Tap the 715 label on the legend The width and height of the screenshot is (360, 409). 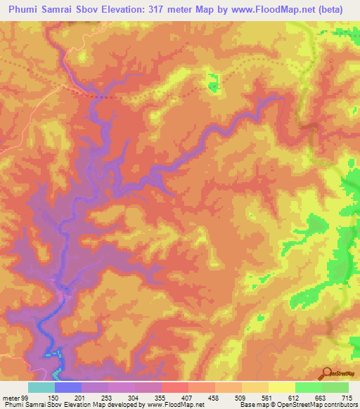click(x=348, y=397)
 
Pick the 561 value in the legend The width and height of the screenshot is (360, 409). click(x=269, y=397)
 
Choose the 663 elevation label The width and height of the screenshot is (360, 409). click(x=321, y=397)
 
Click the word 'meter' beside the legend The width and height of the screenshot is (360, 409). click(x=9, y=397)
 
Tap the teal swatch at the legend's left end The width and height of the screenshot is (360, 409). click(x=41, y=387)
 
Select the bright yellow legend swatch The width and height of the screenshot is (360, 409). click(x=282, y=387)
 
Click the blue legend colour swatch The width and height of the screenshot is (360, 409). click(x=68, y=387)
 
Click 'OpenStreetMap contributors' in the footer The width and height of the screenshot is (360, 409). click(x=311, y=405)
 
